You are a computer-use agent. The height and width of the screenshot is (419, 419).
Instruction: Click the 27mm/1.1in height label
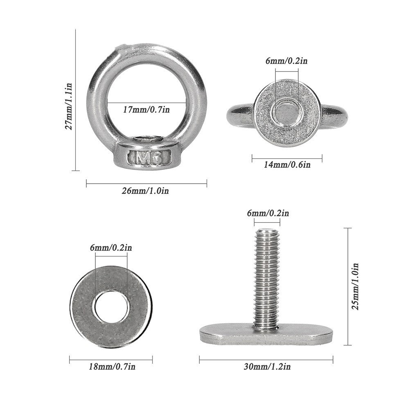point(69,106)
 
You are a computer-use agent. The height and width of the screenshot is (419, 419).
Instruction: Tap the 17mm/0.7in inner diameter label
point(146,110)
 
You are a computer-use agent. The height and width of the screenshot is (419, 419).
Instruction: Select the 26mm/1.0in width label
point(145,191)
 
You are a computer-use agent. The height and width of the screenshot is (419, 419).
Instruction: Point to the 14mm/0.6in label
point(287,164)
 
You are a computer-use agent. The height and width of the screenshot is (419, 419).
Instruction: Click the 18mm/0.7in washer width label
point(112,367)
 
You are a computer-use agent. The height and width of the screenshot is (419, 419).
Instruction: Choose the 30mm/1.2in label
point(267,367)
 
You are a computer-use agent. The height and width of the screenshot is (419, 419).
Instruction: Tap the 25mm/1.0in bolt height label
point(355,287)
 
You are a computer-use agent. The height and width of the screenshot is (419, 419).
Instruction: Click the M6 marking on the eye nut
point(149,158)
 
